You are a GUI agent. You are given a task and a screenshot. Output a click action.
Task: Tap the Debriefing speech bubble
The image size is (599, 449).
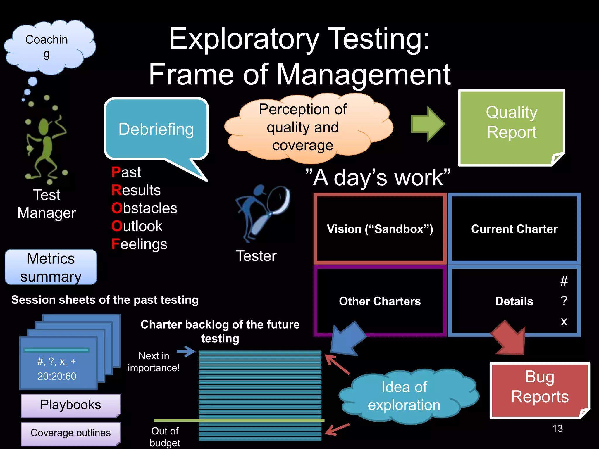[156, 129]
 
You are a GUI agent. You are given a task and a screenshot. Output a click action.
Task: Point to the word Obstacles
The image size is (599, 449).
[144, 208]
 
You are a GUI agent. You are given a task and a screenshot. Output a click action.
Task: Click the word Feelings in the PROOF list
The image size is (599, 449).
[140, 244]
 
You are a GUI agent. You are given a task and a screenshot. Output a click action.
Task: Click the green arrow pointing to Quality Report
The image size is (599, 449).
[427, 124]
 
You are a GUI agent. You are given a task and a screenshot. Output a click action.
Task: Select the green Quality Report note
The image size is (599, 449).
[511, 127]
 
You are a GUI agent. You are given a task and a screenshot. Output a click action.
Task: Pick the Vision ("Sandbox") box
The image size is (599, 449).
[380, 229]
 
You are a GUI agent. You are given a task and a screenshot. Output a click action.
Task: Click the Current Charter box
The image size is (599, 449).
[514, 229]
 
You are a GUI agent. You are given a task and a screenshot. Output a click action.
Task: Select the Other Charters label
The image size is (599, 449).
[380, 301]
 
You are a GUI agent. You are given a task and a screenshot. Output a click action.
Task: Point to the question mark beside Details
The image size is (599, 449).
[564, 301]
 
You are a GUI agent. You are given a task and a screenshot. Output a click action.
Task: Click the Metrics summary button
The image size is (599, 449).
[51, 267]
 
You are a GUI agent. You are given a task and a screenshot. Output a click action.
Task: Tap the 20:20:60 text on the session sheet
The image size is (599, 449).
[57, 376]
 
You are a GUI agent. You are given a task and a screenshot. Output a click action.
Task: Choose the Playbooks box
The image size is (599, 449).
[70, 405]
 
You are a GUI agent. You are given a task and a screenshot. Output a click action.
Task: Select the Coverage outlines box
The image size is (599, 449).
[70, 433]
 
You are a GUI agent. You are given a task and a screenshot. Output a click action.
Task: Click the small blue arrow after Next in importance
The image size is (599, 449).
[186, 351]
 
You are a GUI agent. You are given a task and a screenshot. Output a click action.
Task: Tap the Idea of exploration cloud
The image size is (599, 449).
[405, 396]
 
